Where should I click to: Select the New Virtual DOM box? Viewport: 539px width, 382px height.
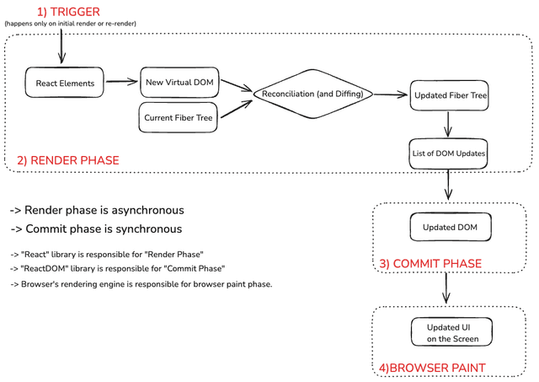(179, 83)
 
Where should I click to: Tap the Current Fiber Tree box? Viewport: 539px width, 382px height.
(179, 117)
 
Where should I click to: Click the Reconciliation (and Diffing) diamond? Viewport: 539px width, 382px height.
(312, 94)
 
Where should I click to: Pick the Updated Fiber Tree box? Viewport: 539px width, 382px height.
(448, 95)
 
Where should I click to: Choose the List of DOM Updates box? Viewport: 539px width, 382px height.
(448, 153)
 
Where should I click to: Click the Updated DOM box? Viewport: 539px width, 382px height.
(450, 227)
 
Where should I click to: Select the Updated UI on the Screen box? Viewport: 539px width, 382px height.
(452, 332)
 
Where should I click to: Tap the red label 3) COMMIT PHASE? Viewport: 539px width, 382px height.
(430, 264)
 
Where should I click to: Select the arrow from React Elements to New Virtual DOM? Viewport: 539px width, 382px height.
(121, 83)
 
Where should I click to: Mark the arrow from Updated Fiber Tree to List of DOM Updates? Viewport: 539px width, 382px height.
(448, 124)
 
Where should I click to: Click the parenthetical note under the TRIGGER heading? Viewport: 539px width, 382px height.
(70, 24)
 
